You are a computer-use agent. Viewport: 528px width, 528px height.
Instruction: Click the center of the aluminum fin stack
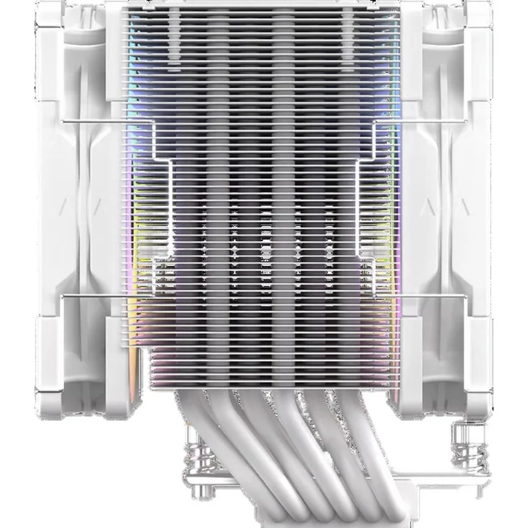point(264,200)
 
